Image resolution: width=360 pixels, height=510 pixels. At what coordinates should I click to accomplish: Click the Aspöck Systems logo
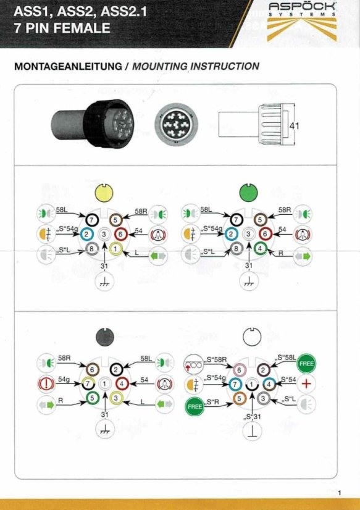(x=302, y=22)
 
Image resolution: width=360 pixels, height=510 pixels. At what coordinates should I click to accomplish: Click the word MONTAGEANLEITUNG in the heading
(x=68, y=66)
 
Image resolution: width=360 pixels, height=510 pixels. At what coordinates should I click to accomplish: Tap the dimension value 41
(x=295, y=125)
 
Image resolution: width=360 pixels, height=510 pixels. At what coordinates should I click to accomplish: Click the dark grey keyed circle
(x=105, y=337)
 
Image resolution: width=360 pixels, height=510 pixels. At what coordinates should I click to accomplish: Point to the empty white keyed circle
(x=253, y=338)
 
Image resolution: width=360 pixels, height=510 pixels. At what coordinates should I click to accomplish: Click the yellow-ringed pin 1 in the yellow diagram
(x=116, y=249)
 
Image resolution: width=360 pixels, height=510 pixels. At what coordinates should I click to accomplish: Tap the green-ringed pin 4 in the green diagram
(x=261, y=249)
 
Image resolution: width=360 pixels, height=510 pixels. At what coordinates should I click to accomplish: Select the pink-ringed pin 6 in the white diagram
(x=240, y=370)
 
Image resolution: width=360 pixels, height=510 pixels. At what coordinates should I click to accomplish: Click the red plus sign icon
(x=306, y=384)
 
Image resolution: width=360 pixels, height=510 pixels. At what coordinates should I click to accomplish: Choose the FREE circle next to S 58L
(x=306, y=363)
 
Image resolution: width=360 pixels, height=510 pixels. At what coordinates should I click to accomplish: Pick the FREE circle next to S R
(x=195, y=406)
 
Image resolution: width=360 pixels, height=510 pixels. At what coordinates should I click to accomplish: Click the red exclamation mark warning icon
(x=46, y=383)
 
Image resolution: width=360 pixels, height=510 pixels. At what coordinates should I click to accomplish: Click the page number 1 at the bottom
(x=340, y=493)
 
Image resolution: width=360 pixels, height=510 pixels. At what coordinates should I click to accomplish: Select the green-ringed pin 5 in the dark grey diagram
(x=93, y=397)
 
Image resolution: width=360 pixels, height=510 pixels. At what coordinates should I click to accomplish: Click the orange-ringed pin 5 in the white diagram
(x=239, y=398)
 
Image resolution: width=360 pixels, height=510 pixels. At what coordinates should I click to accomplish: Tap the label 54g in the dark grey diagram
(x=64, y=379)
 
